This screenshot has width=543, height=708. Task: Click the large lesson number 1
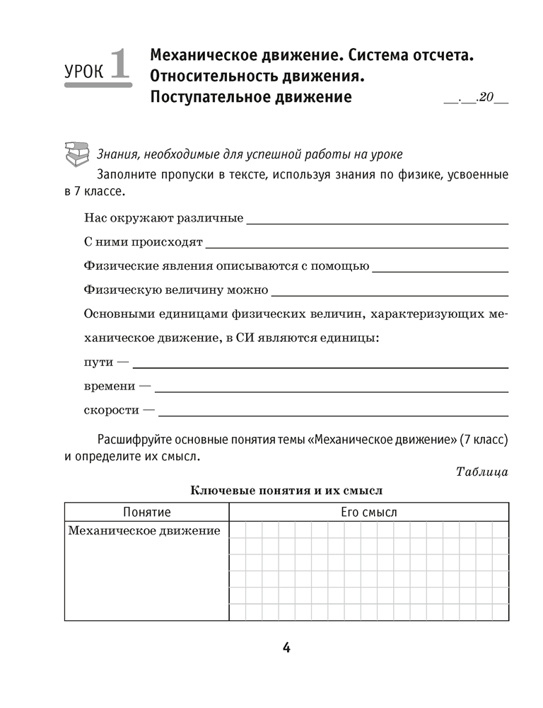tap(118, 64)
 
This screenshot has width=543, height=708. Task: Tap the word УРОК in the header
tap(83, 72)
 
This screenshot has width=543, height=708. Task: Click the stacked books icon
tap(76, 154)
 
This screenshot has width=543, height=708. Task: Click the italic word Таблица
tap(482, 472)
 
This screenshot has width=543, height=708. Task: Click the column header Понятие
tap(147, 512)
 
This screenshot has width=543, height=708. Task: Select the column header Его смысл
tap(369, 512)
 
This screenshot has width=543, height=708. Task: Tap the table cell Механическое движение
tap(144, 530)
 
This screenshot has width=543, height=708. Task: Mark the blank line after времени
tap(331, 390)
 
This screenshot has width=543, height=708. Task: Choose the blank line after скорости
tap(334, 413)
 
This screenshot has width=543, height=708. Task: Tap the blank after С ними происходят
tap(357, 246)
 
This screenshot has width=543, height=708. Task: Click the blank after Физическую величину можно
tap(390, 293)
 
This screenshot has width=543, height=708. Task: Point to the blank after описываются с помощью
tap(440, 270)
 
